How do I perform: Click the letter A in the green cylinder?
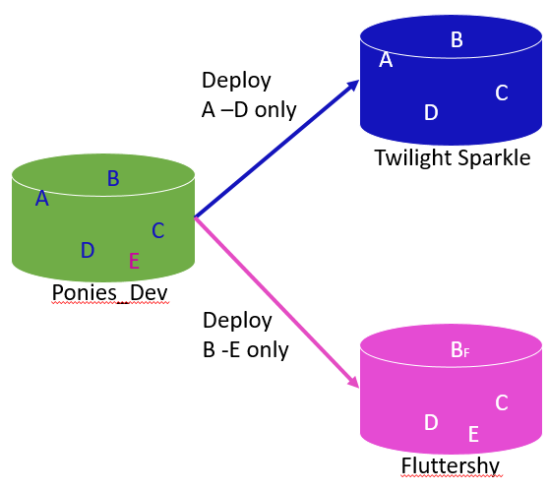(x=41, y=199)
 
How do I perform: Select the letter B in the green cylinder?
(x=113, y=178)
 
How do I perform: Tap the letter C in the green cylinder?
(x=157, y=230)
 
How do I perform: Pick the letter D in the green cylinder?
(x=88, y=250)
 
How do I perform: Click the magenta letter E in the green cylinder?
(x=134, y=261)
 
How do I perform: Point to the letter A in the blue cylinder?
(x=386, y=60)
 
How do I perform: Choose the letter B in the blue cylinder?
(x=457, y=39)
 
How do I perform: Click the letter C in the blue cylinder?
(x=501, y=92)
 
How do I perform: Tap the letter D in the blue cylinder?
(x=430, y=112)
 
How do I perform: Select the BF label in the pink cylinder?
(x=459, y=349)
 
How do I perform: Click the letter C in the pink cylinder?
(x=501, y=402)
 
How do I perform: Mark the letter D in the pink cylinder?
(x=430, y=422)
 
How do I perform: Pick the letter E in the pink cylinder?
(x=473, y=433)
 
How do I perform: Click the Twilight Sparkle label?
(x=452, y=157)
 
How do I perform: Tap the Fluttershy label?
(x=451, y=465)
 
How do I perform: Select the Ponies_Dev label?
(x=109, y=293)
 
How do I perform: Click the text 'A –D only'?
(x=248, y=109)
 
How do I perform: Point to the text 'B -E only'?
(x=245, y=348)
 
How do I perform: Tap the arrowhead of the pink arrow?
(x=353, y=386)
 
